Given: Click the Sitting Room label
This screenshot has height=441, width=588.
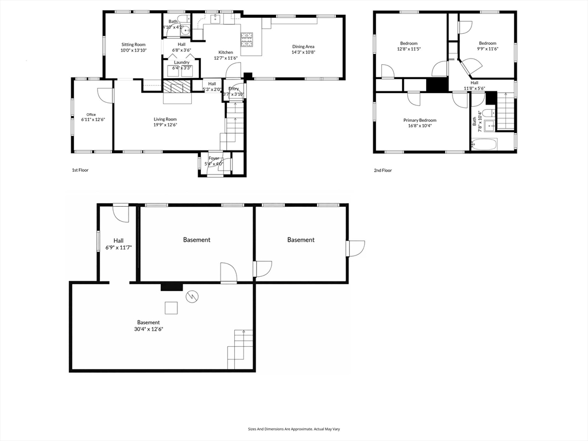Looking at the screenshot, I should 133,44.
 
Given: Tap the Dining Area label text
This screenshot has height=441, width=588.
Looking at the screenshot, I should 303,47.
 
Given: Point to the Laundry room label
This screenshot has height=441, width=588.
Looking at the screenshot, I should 181,62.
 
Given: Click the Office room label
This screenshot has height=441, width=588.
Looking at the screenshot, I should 91,114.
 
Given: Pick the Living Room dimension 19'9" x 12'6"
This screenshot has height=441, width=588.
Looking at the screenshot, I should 165,125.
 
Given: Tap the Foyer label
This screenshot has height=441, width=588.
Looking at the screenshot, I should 214,157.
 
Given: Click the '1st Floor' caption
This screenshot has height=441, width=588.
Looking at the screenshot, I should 80,171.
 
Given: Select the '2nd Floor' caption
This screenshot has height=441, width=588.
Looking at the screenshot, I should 382,171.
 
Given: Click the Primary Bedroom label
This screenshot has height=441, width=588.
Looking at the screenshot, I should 420,120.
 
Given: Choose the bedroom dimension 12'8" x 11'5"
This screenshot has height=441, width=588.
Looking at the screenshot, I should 409,49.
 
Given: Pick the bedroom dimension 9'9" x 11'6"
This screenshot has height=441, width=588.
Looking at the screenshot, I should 488,49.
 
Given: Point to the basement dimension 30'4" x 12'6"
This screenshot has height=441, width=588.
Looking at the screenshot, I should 148,329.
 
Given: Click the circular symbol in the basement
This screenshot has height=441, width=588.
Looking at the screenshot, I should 193,296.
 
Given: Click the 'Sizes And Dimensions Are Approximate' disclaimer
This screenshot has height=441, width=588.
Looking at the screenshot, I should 294,429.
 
